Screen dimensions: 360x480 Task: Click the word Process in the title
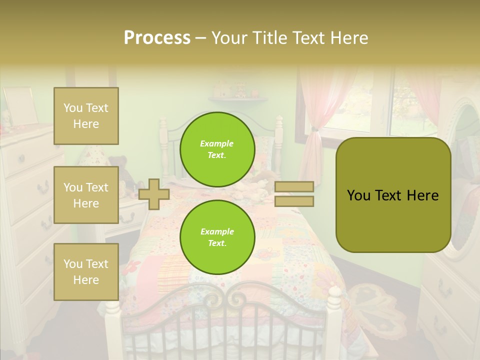click(157, 38)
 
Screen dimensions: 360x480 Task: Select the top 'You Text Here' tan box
click(86, 116)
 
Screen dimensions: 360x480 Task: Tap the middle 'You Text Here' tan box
click(86, 195)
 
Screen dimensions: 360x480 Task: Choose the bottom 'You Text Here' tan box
click(86, 272)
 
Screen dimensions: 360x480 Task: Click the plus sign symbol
click(154, 194)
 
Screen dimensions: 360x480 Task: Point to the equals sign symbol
click(294, 194)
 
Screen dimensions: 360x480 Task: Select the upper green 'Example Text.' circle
click(217, 149)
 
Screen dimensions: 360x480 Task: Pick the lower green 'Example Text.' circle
click(217, 237)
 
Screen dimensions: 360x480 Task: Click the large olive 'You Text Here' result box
click(393, 195)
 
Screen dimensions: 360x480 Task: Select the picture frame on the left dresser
click(20, 105)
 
